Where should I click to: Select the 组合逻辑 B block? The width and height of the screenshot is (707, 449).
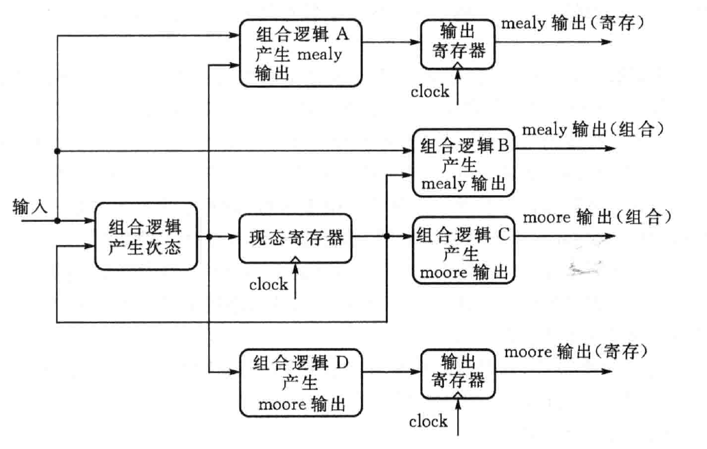(464, 164)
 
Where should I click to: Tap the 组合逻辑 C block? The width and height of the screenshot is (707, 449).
(464, 249)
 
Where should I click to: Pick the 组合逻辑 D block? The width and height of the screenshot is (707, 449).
(296, 382)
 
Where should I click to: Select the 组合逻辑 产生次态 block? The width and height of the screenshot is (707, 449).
(144, 237)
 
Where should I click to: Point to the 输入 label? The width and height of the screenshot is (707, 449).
(27, 206)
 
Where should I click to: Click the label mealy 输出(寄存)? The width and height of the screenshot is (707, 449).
(574, 24)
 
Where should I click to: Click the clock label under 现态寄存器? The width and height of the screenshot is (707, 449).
(268, 285)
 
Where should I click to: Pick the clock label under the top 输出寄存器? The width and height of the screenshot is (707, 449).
(429, 91)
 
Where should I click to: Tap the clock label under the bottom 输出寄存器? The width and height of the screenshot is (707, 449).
(428, 421)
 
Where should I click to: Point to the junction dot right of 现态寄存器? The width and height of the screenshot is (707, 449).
(387, 237)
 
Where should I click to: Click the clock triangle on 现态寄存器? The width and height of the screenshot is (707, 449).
(295, 259)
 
